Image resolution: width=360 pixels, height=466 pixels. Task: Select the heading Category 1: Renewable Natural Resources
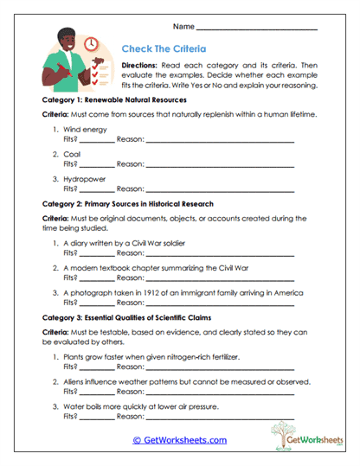(113, 100)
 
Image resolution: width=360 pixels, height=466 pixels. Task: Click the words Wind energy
(86, 129)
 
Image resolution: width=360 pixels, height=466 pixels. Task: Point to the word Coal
(73, 154)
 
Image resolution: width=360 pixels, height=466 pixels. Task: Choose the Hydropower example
(85, 179)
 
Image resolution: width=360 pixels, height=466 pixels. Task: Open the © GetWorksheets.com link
(179, 439)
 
